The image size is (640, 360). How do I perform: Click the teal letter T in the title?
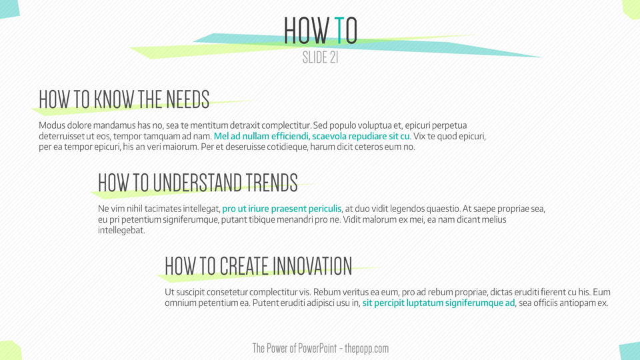pos(339,30)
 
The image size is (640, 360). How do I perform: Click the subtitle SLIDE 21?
pos(321,57)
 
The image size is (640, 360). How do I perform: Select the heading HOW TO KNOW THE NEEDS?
pos(124,99)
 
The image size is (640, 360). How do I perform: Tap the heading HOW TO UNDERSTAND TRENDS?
pos(198,183)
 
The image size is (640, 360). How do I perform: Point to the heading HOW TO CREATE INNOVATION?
pos(259,266)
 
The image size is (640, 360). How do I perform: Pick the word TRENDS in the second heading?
pos(272,183)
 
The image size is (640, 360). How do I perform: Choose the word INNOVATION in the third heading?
pos(312,266)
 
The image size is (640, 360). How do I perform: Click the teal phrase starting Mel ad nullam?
pos(312,136)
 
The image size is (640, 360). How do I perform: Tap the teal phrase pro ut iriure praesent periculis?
pos(282,209)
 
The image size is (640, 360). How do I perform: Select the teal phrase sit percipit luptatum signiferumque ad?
pos(439,303)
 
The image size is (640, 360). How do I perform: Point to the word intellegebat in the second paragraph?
pos(121,230)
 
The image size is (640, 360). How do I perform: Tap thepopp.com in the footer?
pos(367,349)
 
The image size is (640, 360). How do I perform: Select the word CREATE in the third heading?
pos(244,266)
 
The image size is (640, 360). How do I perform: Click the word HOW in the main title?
pos(307,30)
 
